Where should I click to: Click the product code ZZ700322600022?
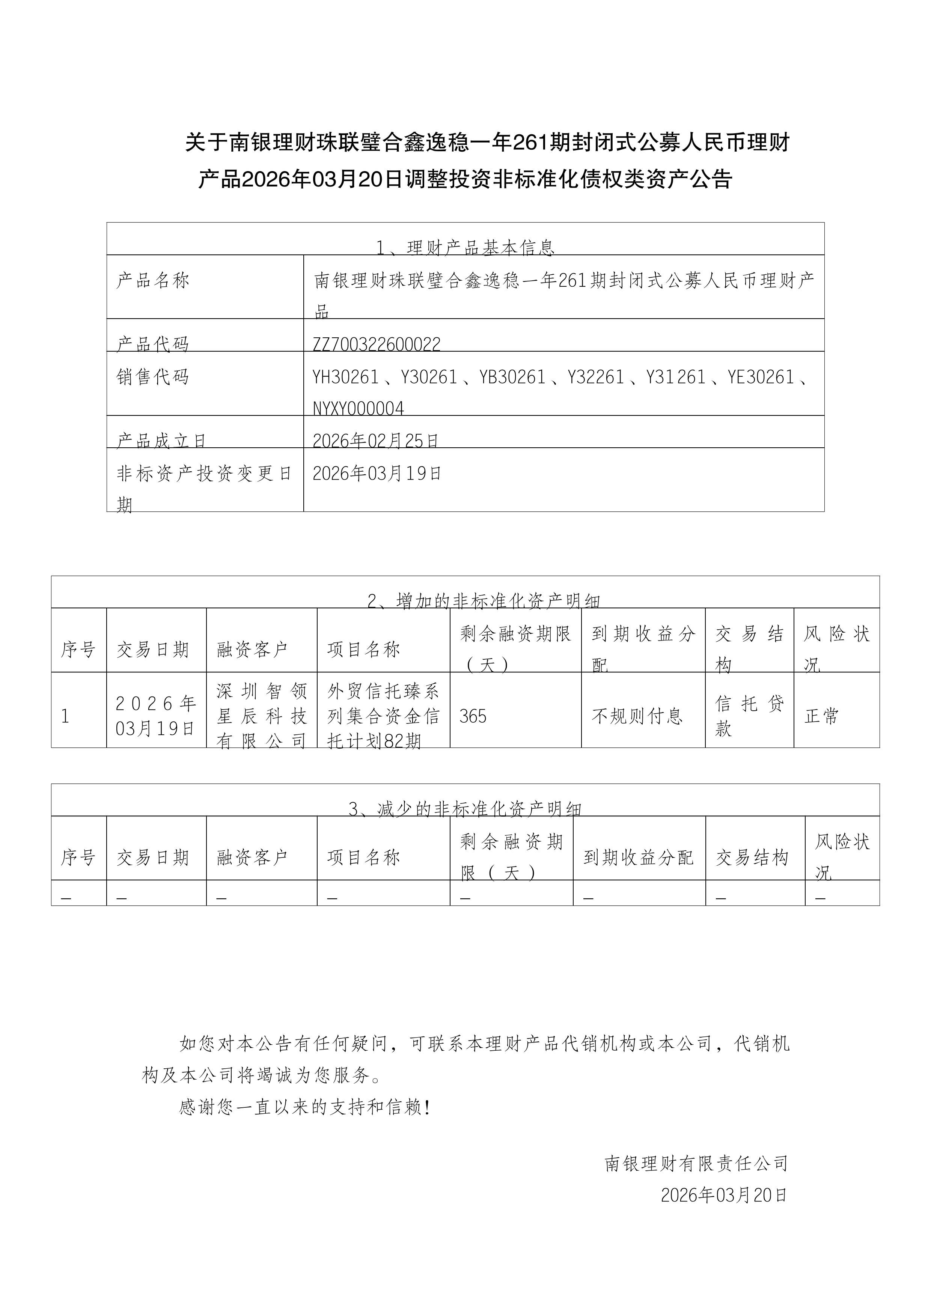click(377, 344)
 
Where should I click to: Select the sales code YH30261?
click(346, 377)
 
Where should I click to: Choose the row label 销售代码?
click(153, 377)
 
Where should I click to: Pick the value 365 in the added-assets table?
click(473, 716)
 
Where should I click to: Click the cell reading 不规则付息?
click(637, 716)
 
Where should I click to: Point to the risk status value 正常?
click(821, 716)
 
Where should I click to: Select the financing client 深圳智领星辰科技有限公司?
click(262, 716)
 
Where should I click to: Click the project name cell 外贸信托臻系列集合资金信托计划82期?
click(383, 716)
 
